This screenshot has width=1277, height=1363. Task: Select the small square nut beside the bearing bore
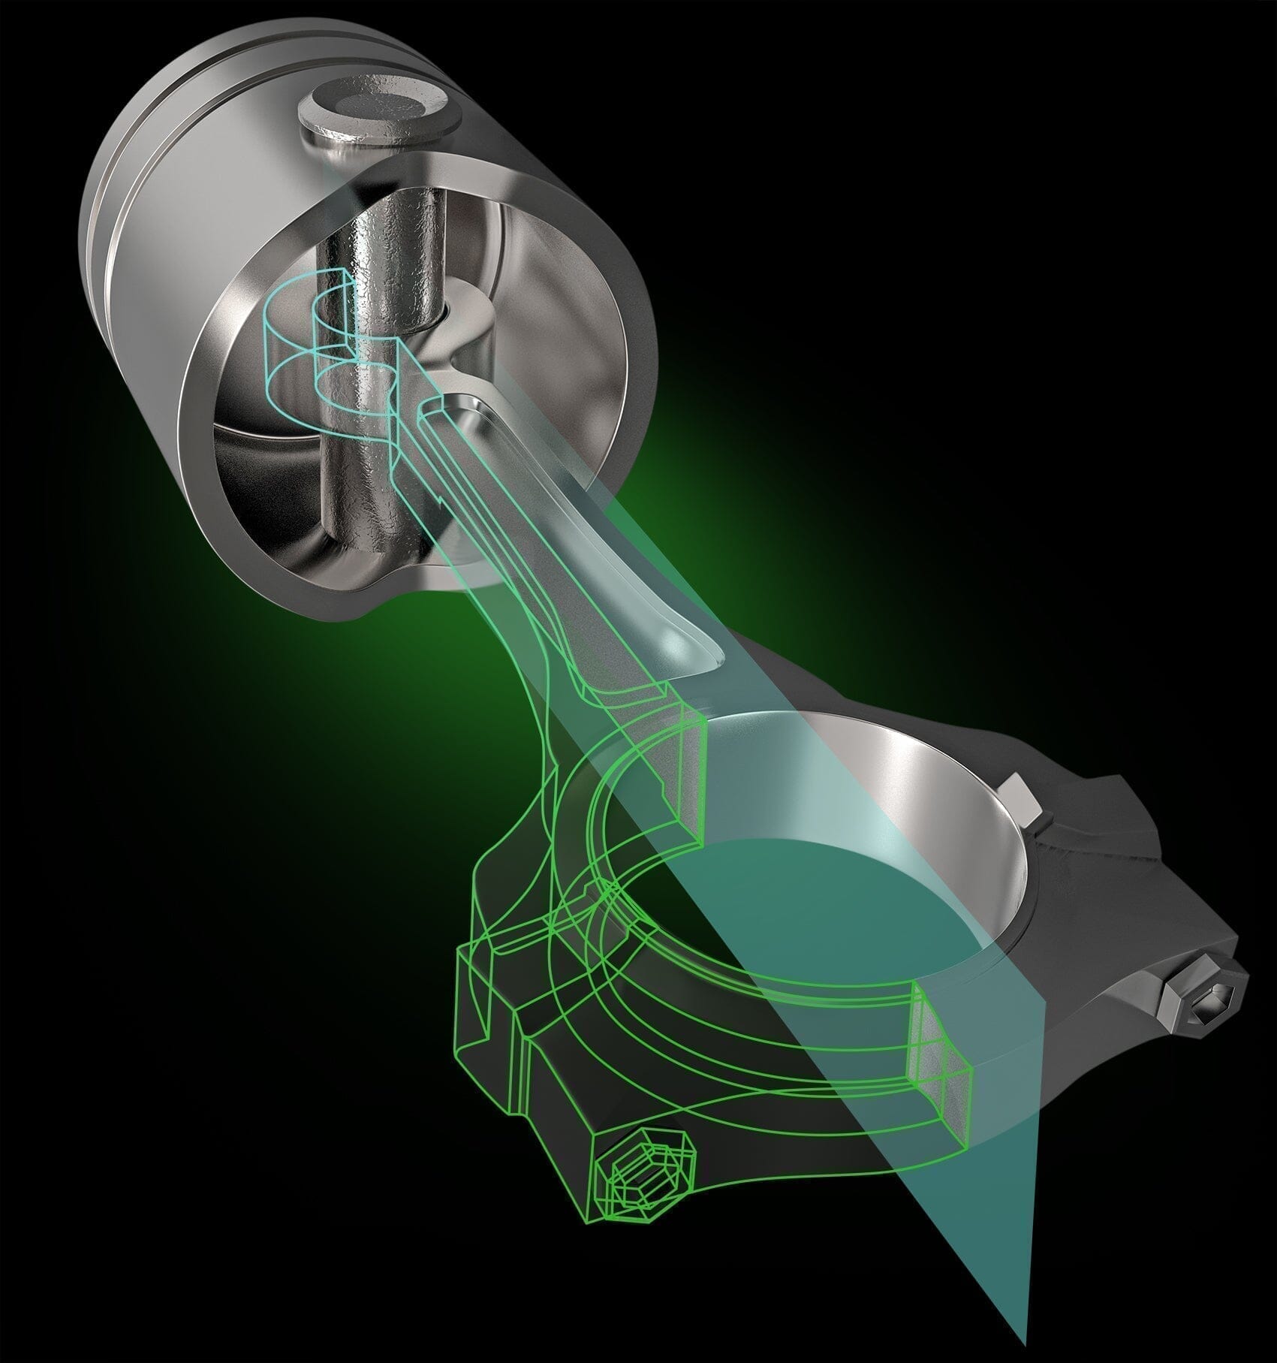pyautogui.click(x=1022, y=798)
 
